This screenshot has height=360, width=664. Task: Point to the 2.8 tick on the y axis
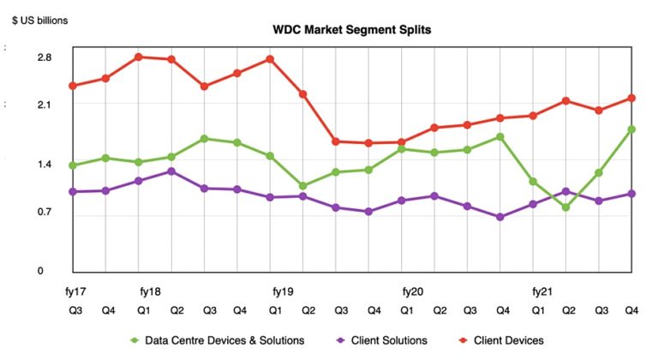point(44,58)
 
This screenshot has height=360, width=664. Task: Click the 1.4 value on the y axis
point(44,165)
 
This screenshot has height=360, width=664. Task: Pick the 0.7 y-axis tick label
point(44,212)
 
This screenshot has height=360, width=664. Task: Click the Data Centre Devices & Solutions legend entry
point(218,340)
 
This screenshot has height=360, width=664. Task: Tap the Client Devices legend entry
point(505,340)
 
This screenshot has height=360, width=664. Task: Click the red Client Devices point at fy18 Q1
point(138,57)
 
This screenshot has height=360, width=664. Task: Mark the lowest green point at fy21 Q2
point(565,207)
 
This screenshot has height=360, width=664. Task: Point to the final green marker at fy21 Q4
point(631,129)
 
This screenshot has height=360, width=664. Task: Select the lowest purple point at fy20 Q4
point(500,217)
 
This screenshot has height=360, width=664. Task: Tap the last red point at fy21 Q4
point(631,98)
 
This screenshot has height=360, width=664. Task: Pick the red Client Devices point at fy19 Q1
point(270,59)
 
